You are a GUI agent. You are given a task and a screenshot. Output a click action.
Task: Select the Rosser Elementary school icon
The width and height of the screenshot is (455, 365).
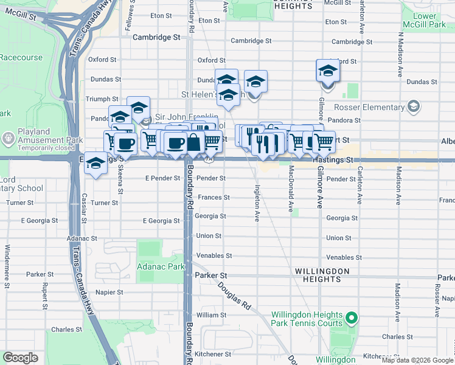click(x=414, y=108)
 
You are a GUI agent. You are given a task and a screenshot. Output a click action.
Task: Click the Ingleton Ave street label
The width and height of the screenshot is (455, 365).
click(x=258, y=203)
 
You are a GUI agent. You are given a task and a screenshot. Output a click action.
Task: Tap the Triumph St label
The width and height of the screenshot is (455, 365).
click(x=102, y=99)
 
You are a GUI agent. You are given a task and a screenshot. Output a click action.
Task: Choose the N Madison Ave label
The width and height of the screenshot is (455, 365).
click(x=401, y=55)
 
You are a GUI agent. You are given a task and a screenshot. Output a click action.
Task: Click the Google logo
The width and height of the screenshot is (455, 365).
click(x=20, y=357)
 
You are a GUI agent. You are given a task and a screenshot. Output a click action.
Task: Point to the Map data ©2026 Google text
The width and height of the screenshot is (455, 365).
click(x=417, y=360)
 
